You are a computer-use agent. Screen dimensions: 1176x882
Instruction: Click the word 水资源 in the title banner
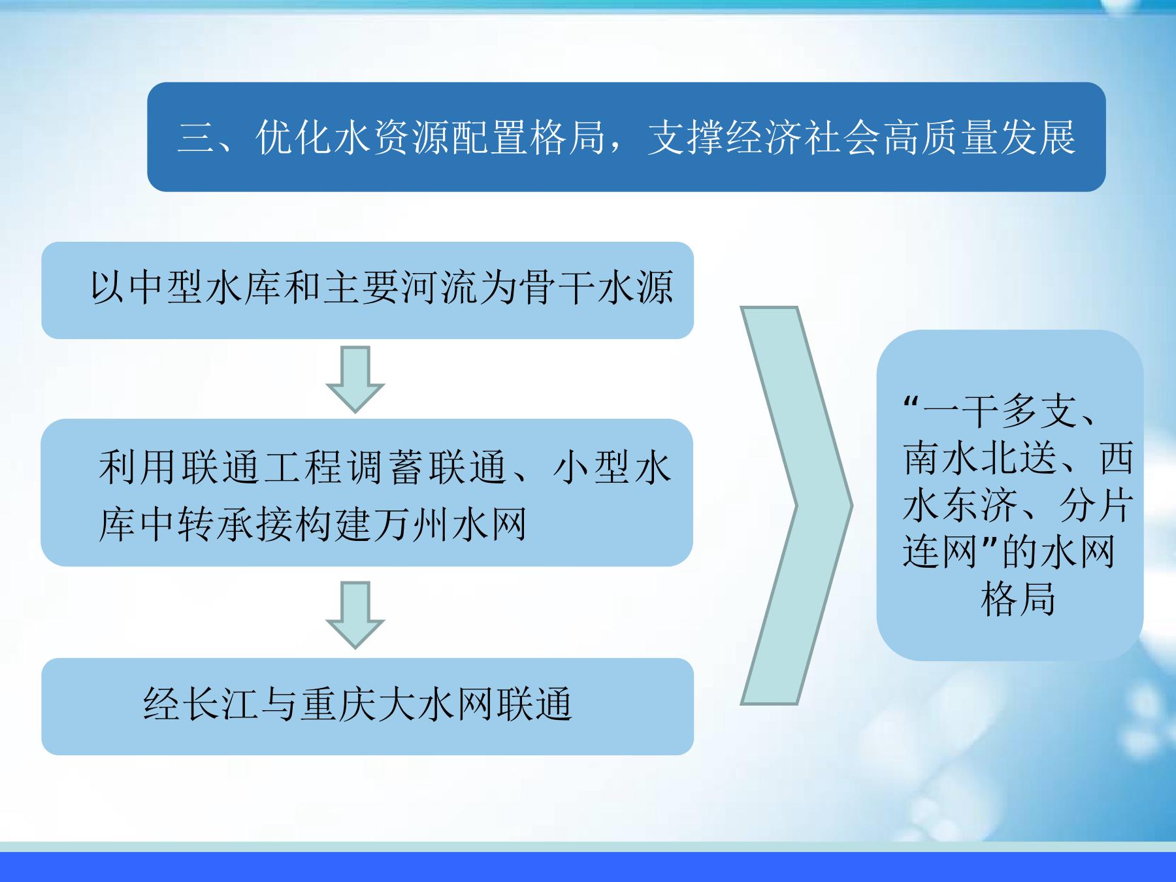[x=391, y=138]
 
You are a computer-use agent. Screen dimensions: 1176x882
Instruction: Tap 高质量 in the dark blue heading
[x=939, y=138]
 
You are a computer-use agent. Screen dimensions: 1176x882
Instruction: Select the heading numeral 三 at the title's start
[x=197, y=138]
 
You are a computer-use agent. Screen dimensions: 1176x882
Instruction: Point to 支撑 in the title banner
[x=685, y=138]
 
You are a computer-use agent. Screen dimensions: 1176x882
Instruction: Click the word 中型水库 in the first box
[x=206, y=288]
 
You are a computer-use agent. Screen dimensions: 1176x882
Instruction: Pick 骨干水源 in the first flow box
[x=596, y=288]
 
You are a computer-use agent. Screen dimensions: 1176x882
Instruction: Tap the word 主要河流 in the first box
[x=401, y=288]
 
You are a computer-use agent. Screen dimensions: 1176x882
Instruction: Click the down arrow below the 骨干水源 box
[x=355, y=379]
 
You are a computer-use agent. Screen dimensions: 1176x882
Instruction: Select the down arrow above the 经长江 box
[x=355, y=615]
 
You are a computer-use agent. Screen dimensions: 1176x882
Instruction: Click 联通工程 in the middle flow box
[x=261, y=468]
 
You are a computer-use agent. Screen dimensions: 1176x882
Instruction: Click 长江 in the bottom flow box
[x=221, y=705]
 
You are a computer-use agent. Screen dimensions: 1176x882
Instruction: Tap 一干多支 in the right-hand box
[x=1000, y=411]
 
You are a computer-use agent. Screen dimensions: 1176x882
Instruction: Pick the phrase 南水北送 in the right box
[x=980, y=458]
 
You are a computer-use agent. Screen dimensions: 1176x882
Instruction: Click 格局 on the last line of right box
[x=1018, y=599]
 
